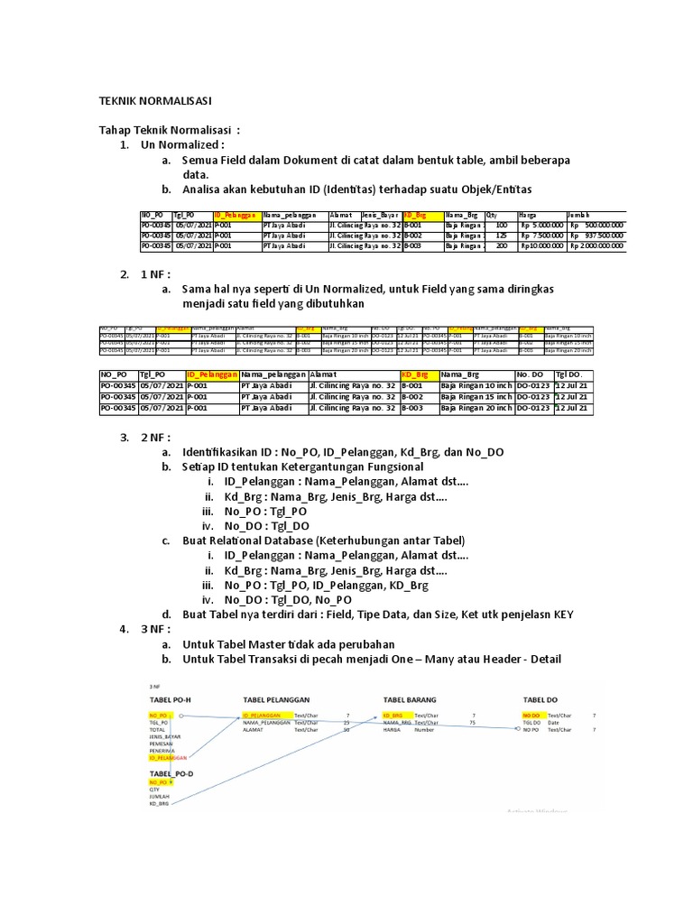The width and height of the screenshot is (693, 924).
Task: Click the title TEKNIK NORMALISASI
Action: point(154,102)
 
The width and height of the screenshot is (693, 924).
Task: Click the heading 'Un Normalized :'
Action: point(181,145)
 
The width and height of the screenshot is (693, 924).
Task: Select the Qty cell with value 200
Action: point(502,245)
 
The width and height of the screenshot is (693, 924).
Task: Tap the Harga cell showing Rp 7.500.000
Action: point(541,236)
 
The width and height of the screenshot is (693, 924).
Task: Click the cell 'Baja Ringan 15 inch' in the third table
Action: point(476,397)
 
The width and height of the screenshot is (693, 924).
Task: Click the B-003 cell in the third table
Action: point(412,409)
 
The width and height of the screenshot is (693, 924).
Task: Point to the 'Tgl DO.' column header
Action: point(569,374)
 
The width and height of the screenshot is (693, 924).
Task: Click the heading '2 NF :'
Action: point(156,438)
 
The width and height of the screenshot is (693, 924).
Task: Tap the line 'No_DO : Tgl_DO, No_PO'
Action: point(289,599)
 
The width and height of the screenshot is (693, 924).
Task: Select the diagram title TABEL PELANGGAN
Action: point(276,699)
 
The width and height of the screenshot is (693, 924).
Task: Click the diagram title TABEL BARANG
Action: point(410,699)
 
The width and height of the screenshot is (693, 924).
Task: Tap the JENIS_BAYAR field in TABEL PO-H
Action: point(165,736)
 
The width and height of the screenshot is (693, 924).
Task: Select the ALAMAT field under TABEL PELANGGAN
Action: point(257,730)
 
